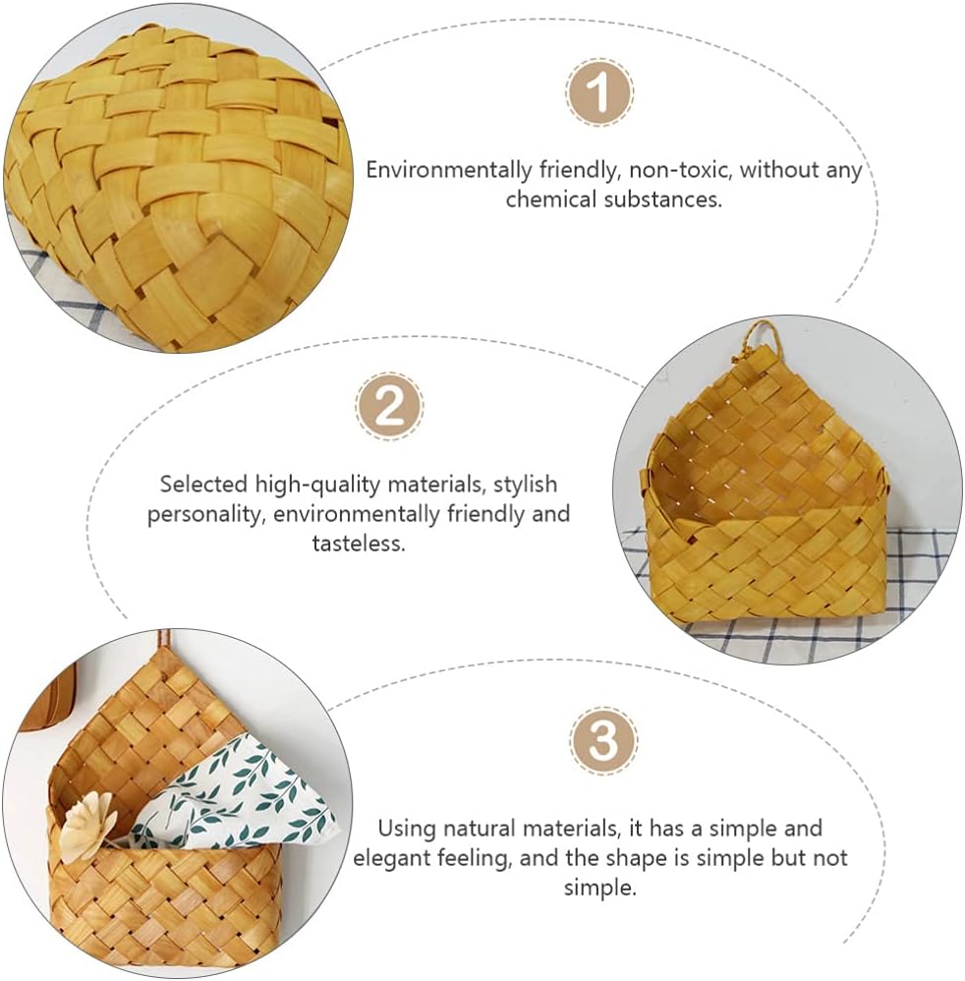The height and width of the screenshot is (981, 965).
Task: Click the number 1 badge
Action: tap(599, 93)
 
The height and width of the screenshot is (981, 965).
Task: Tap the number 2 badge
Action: tap(389, 407)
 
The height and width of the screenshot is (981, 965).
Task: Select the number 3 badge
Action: tap(603, 741)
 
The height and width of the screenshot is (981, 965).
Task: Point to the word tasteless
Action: tap(359, 543)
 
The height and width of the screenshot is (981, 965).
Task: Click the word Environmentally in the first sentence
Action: tap(449, 170)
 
